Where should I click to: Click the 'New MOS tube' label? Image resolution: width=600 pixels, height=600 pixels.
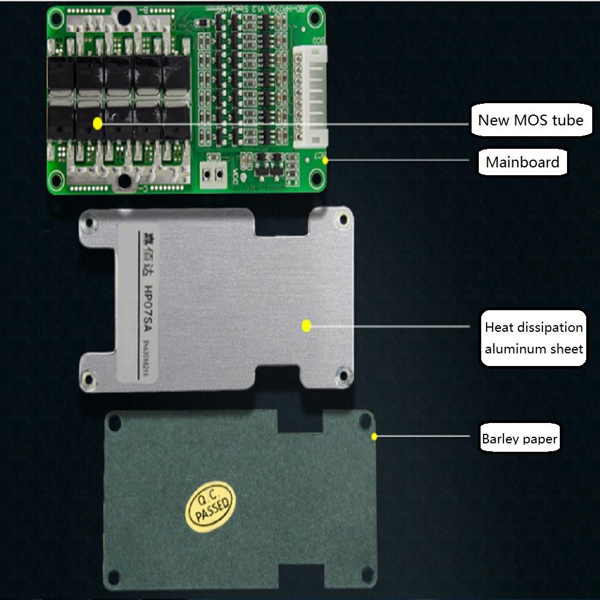pyautogui.click(x=530, y=120)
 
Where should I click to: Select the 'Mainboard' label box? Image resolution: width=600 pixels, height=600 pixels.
pyautogui.click(x=522, y=162)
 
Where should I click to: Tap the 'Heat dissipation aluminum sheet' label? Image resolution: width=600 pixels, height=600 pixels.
pyautogui.click(x=533, y=337)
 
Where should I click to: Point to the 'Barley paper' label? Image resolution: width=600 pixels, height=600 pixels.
pyautogui.click(x=520, y=439)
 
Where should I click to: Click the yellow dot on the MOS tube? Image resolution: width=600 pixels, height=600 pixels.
pyautogui.click(x=97, y=122)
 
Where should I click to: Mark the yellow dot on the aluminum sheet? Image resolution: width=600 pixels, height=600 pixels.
pyautogui.click(x=306, y=326)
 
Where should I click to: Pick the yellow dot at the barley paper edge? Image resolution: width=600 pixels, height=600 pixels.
pyautogui.click(x=375, y=436)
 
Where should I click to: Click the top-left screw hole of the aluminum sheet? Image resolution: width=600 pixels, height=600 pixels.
pyautogui.click(x=89, y=223)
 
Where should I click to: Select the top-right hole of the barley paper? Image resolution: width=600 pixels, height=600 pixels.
pyautogui.click(x=364, y=421)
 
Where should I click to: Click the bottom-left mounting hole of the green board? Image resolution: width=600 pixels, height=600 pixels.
pyautogui.click(x=57, y=178)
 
